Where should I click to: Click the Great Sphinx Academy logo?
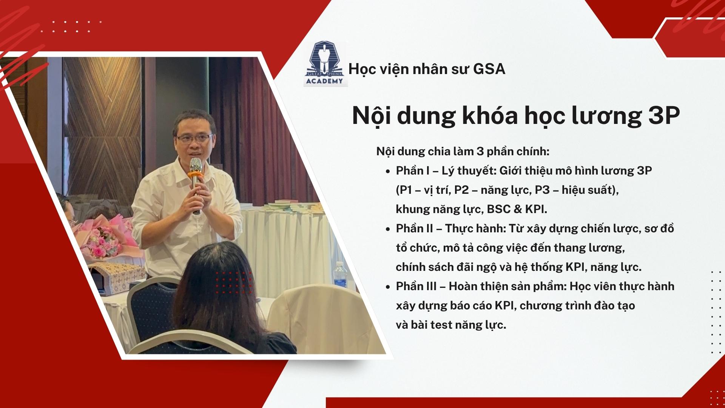point(325,64)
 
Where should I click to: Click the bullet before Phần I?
point(388,172)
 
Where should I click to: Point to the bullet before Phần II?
point(388,229)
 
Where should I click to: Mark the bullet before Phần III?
point(388,287)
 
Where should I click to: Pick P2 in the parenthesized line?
point(461,190)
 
